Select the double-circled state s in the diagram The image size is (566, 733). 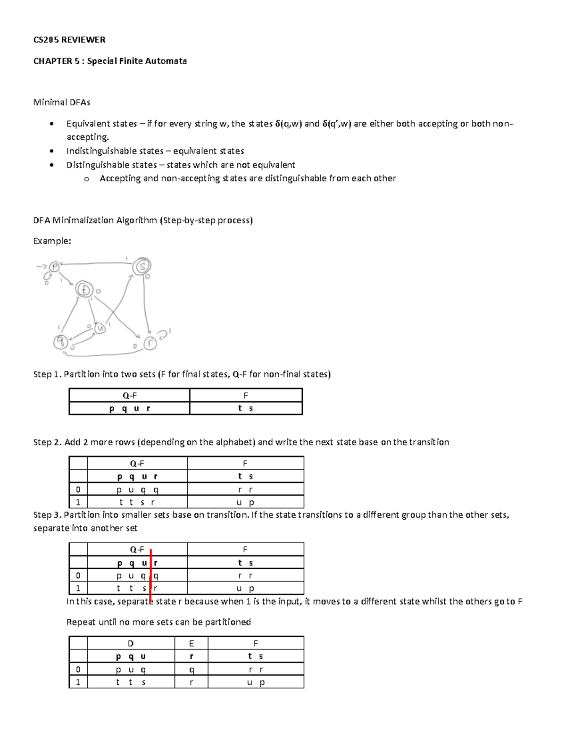pyautogui.click(x=141, y=267)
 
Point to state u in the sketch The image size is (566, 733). pyautogui.click(x=100, y=328)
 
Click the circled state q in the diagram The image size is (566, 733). pyautogui.click(x=60, y=341)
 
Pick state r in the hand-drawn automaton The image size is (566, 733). pyautogui.click(x=150, y=344)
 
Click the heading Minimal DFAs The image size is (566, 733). pyautogui.click(x=61, y=102)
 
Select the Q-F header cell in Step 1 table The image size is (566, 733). pyautogui.click(x=129, y=396)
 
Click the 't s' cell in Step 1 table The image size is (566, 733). pyautogui.click(x=246, y=409)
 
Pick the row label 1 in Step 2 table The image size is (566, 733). pyautogui.click(x=78, y=503)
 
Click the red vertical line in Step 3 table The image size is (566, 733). pyautogui.click(x=150, y=576)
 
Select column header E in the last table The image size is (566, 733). pyautogui.click(x=191, y=643)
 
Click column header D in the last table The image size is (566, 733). pyautogui.click(x=131, y=643)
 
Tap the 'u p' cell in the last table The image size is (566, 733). pyautogui.click(x=256, y=682)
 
